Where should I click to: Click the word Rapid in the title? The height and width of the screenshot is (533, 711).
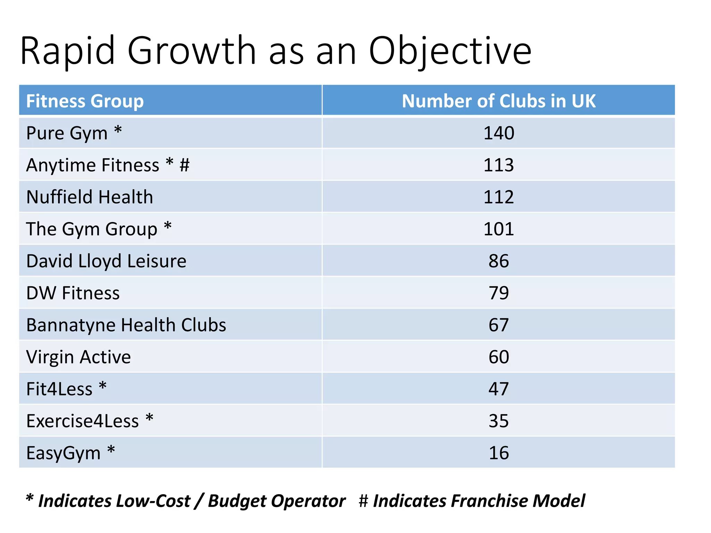pyautogui.click(x=67, y=51)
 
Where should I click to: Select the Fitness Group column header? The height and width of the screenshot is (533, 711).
pyautogui.click(x=85, y=101)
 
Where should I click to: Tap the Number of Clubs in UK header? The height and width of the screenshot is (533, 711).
pyautogui.click(x=499, y=101)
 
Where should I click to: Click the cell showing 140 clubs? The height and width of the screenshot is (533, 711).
pyautogui.click(x=499, y=133)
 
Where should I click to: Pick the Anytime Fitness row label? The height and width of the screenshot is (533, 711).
pyautogui.click(x=93, y=165)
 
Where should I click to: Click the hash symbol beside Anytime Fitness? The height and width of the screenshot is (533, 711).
pyautogui.click(x=184, y=165)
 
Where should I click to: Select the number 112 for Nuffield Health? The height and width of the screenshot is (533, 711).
pyautogui.click(x=499, y=197)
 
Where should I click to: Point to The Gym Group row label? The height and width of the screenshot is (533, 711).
pyautogui.click(x=92, y=229)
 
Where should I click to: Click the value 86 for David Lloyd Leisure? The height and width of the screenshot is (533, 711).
pyautogui.click(x=499, y=261)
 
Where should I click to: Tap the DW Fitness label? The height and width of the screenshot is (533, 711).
pyautogui.click(x=73, y=293)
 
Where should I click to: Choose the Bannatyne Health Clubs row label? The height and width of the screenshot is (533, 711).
pyautogui.click(x=126, y=325)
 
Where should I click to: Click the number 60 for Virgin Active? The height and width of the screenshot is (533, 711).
pyautogui.click(x=499, y=357)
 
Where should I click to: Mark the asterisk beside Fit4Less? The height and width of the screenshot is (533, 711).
pyautogui.click(x=102, y=386)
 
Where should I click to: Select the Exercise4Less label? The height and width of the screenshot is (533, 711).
pyautogui.click(x=83, y=421)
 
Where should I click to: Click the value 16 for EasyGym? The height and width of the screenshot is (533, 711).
pyautogui.click(x=499, y=453)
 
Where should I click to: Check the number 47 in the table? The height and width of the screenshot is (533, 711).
pyautogui.click(x=499, y=389)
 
